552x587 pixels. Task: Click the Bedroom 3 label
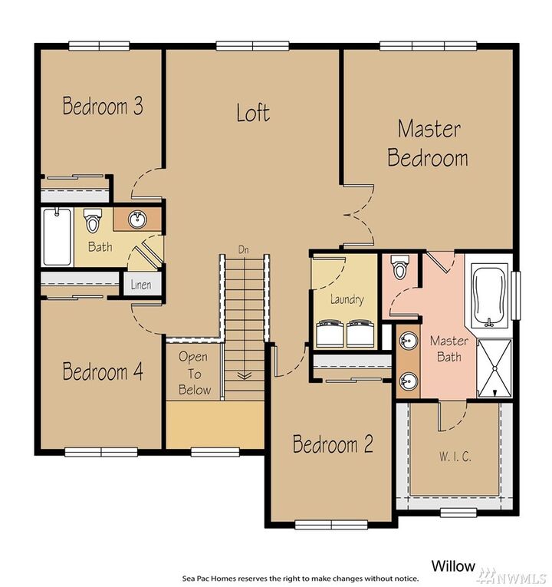coord(103,105)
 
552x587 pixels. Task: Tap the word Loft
coord(253,113)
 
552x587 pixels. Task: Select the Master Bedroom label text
coord(428,143)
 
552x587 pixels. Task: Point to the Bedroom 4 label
coord(103,372)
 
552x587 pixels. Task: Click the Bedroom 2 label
coord(333,444)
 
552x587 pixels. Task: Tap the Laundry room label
coord(347,300)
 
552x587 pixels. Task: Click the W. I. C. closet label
coord(455,457)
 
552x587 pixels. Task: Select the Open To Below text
coord(194,373)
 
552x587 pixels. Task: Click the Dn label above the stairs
coord(244,250)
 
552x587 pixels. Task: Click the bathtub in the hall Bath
coord(57,236)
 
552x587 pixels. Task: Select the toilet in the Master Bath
coord(399,269)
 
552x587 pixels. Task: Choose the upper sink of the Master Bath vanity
coord(407,340)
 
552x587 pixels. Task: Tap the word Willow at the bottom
coord(453,566)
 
